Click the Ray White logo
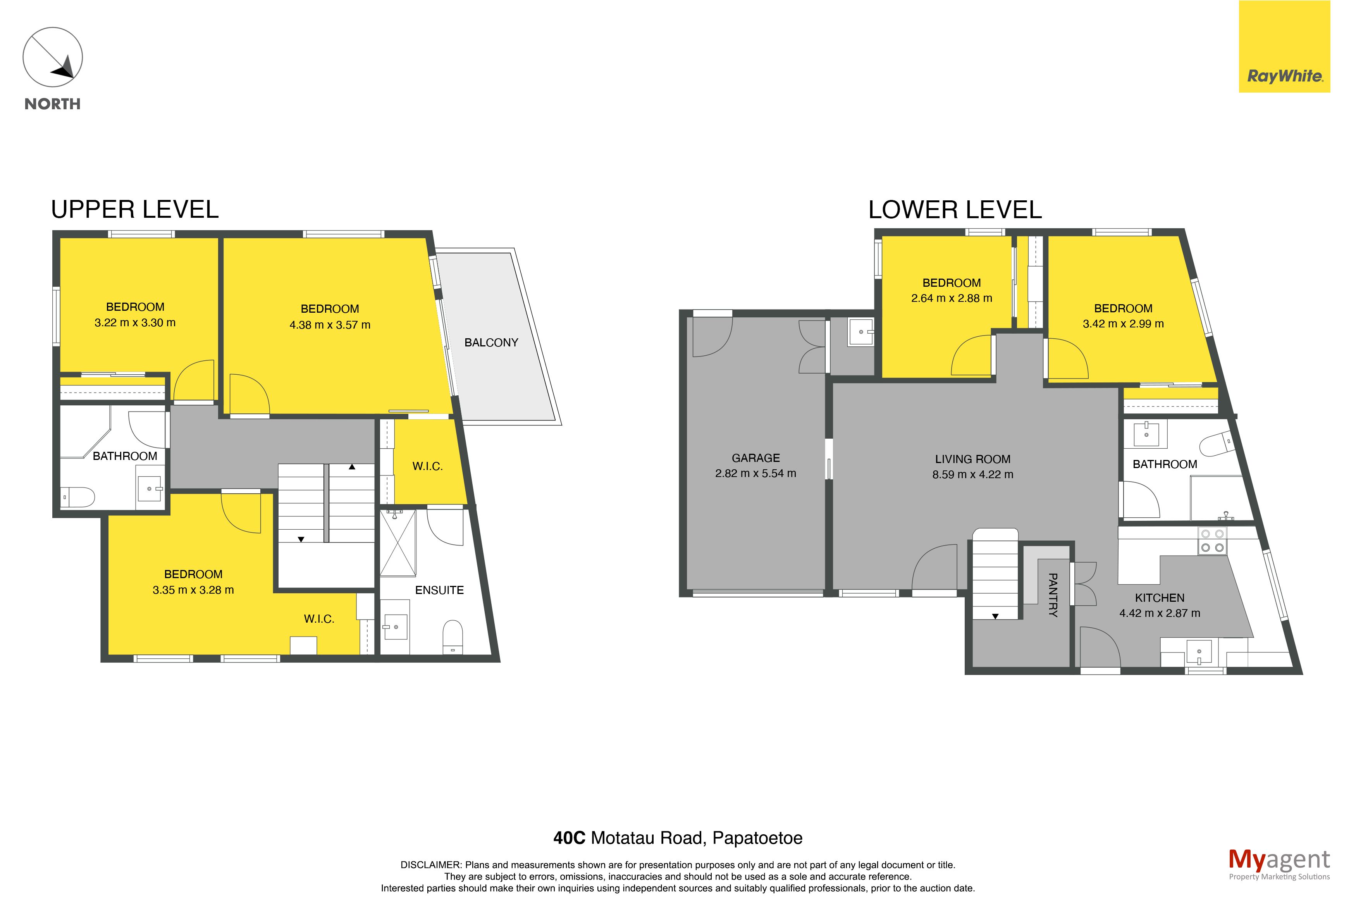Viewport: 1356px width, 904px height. [x=1284, y=47]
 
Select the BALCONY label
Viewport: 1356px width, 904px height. [x=491, y=343]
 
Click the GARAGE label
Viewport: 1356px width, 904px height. [x=755, y=458]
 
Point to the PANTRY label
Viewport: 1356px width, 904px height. [x=1052, y=595]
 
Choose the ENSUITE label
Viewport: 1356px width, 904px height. [x=439, y=590]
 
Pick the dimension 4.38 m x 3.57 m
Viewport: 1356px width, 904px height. [x=330, y=325]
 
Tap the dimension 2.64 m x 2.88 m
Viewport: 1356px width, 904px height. [x=952, y=298]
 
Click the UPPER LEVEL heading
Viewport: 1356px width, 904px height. [x=135, y=209]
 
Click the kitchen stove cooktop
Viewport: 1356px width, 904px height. [x=1212, y=541]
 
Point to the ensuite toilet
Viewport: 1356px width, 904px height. [x=453, y=637]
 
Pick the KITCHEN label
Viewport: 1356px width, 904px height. [x=1160, y=598]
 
